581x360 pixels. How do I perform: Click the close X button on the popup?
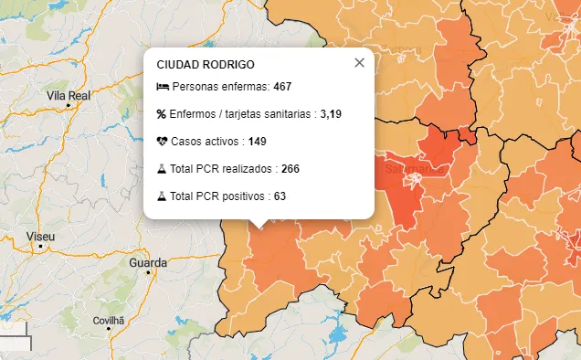click(x=359, y=62)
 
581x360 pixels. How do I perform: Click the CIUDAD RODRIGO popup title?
click(x=206, y=65)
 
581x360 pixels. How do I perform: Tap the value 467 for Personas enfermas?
click(x=282, y=87)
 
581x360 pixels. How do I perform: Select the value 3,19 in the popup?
click(x=331, y=114)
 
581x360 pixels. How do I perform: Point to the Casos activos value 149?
click(x=257, y=142)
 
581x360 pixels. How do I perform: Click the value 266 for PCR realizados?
click(x=290, y=169)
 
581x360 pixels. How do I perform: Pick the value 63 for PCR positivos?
click(x=280, y=196)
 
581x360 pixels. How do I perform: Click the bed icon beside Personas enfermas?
click(x=162, y=87)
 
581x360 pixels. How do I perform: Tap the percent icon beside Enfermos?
click(x=162, y=114)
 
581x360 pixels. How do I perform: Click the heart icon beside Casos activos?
click(x=162, y=142)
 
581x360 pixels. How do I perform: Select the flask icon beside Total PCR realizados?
click(x=162, y=169)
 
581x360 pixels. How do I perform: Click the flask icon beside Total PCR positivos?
click(x=162, y=196)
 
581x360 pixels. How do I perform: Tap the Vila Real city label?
click(x=68, y=95)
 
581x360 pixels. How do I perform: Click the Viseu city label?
click(x=41, y=237)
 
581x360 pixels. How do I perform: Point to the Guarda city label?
click(x=148, y=262)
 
